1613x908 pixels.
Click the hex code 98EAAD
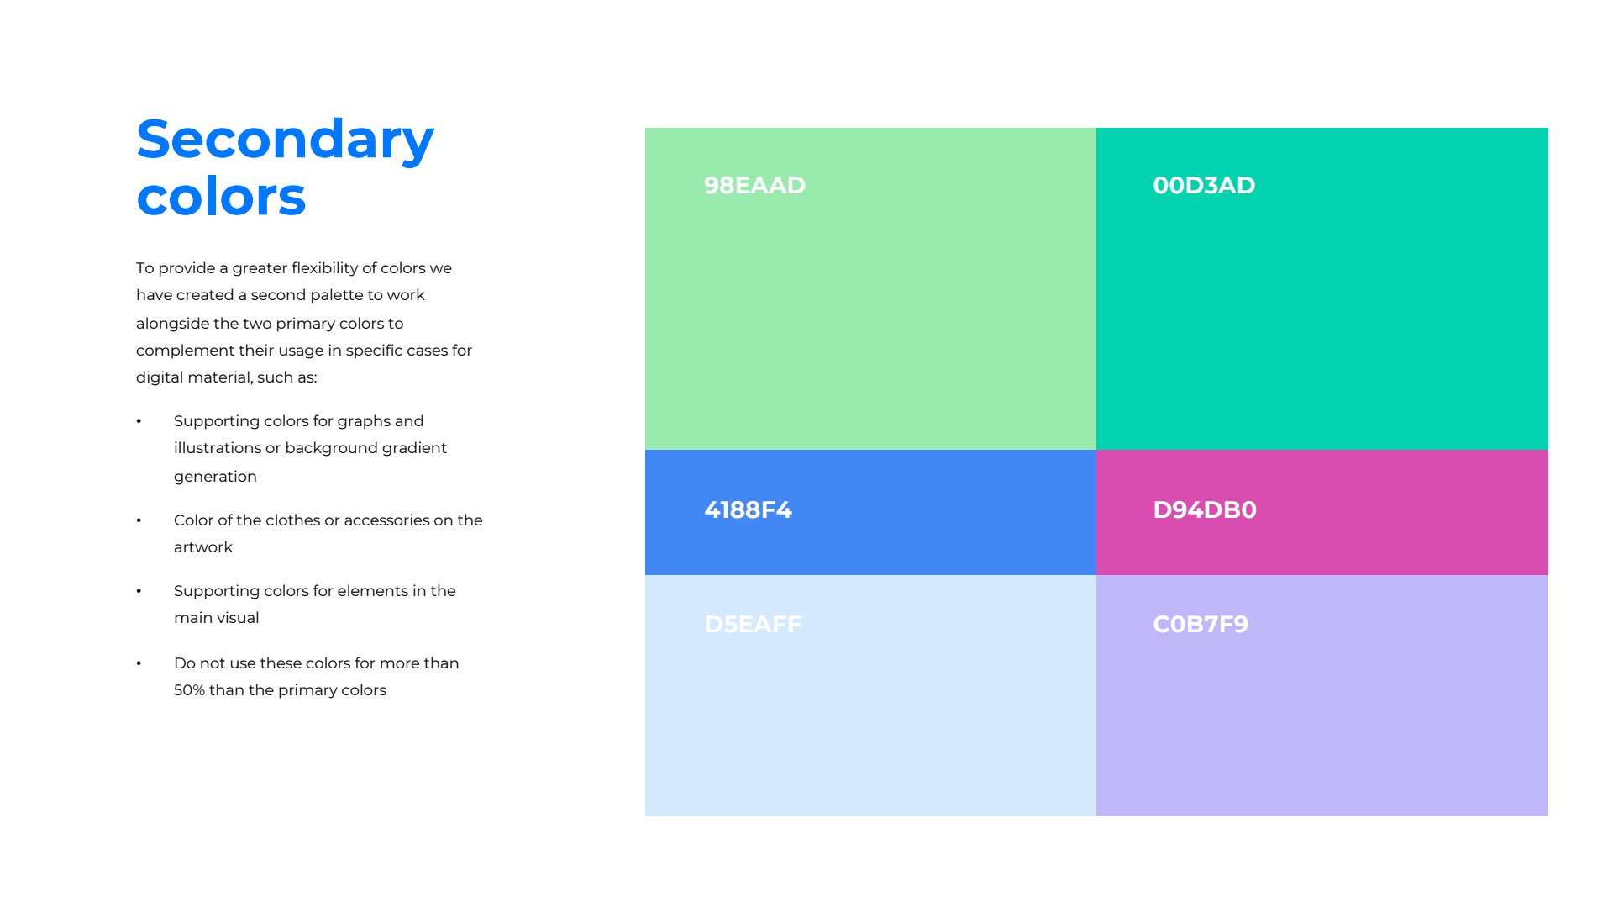point(754,185)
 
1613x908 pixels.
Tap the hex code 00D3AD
point(1204,185)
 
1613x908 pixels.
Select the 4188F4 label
point(748,509)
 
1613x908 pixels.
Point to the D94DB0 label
point(1205,509)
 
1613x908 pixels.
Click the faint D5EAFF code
point(753,624)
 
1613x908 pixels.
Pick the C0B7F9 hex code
point(1201,624)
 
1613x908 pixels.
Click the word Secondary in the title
point(285,141)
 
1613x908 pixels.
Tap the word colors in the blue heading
point(221,197)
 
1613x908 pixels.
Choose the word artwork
point(203,547)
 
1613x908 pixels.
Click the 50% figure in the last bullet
point(189,690)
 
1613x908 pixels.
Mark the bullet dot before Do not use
point(139,663)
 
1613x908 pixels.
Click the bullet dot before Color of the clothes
point(139,520)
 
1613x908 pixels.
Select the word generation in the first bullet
point(215,477)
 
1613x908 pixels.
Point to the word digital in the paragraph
point(160,377)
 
